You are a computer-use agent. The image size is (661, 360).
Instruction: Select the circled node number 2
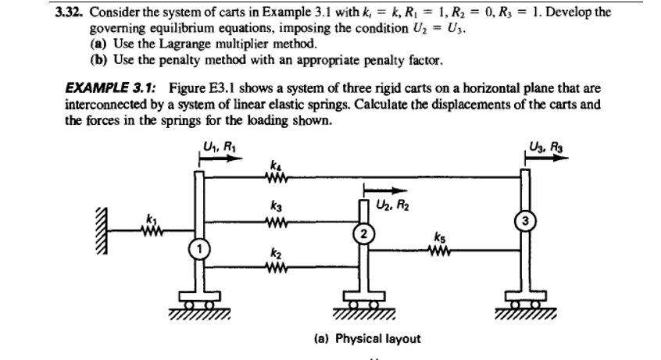point(362,232)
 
